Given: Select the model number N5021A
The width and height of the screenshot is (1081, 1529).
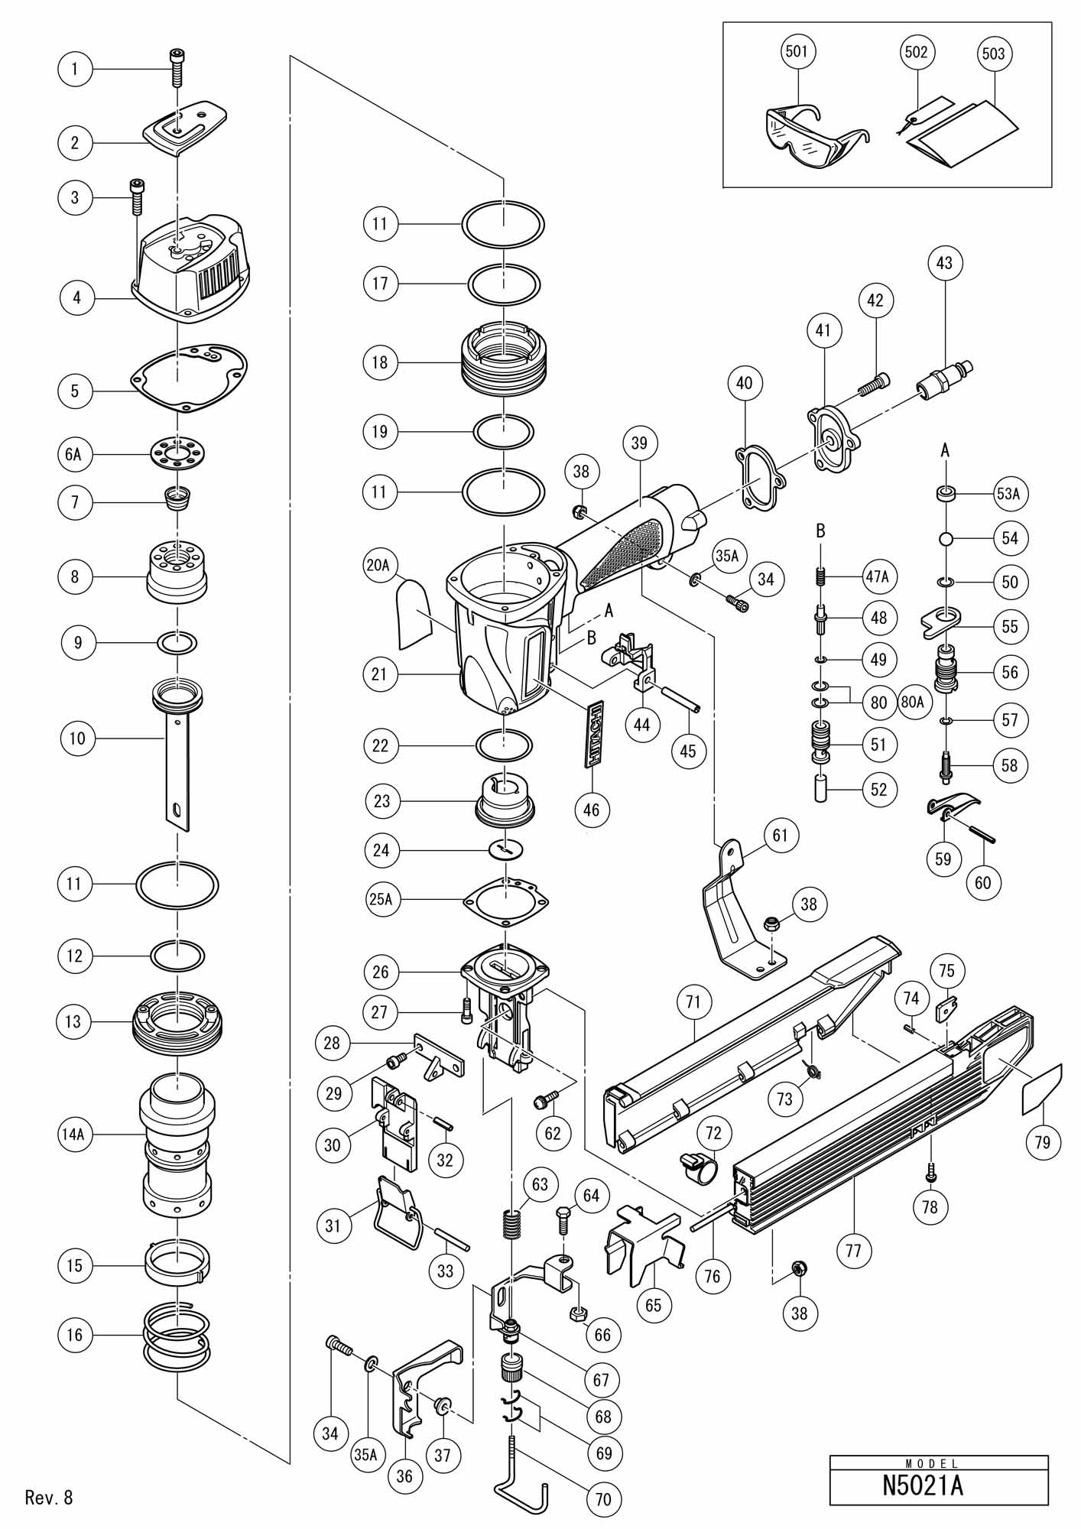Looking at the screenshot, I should click(938, 1487).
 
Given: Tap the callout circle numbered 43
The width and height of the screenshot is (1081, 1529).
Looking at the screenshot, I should click(944, 263).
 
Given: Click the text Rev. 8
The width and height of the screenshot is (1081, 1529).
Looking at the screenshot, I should click(49, 1497).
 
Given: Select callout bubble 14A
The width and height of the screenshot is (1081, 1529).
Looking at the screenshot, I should click(74, 1135).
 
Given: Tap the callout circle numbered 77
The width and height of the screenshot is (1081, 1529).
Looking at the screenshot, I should click(854, 1251).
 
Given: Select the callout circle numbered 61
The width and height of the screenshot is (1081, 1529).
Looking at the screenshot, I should click(780, 836).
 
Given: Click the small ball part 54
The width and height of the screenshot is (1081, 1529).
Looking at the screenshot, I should click(945, 538).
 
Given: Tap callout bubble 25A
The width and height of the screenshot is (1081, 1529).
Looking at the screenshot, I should click(381, 900).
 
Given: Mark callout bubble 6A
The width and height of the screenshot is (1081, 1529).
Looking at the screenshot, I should click(74, 454).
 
